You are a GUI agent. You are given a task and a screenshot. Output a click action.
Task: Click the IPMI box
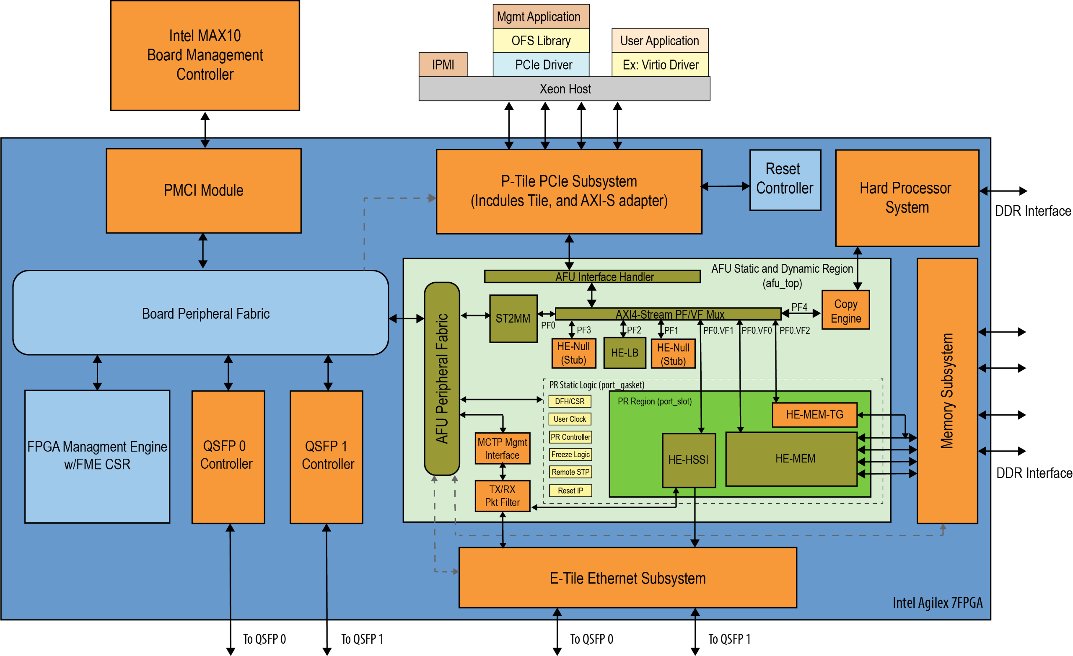point(443,65)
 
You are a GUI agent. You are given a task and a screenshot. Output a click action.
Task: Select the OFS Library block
point(541,41)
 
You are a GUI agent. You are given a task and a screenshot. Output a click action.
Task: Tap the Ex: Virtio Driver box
point(660,65)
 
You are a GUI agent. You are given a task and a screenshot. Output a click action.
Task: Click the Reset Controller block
point(785,180)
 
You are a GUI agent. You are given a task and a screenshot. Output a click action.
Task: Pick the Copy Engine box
point(845,310)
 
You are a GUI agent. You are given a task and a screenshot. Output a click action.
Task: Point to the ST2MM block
point(513,319)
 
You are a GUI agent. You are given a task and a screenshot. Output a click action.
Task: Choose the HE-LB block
point(625,353)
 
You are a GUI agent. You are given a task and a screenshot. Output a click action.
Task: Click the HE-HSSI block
point(688,460)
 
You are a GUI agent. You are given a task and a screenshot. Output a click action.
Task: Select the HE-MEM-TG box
point(814,414)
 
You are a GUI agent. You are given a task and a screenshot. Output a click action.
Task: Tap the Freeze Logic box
point(570,455)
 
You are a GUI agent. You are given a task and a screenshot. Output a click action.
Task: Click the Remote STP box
point(570,472)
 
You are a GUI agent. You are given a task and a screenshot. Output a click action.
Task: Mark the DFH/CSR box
point(570,401)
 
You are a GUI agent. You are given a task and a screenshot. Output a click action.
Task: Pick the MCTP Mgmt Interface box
point(502,448)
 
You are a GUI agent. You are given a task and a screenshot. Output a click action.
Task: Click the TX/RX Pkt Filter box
point(502,496)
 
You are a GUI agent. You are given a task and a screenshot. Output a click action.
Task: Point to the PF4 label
point(799,307)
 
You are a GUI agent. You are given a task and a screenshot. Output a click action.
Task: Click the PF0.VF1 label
point(718,331)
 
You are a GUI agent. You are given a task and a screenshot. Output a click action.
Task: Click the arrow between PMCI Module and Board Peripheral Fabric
point(203,251)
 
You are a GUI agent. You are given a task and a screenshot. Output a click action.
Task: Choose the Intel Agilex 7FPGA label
point(937,603)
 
